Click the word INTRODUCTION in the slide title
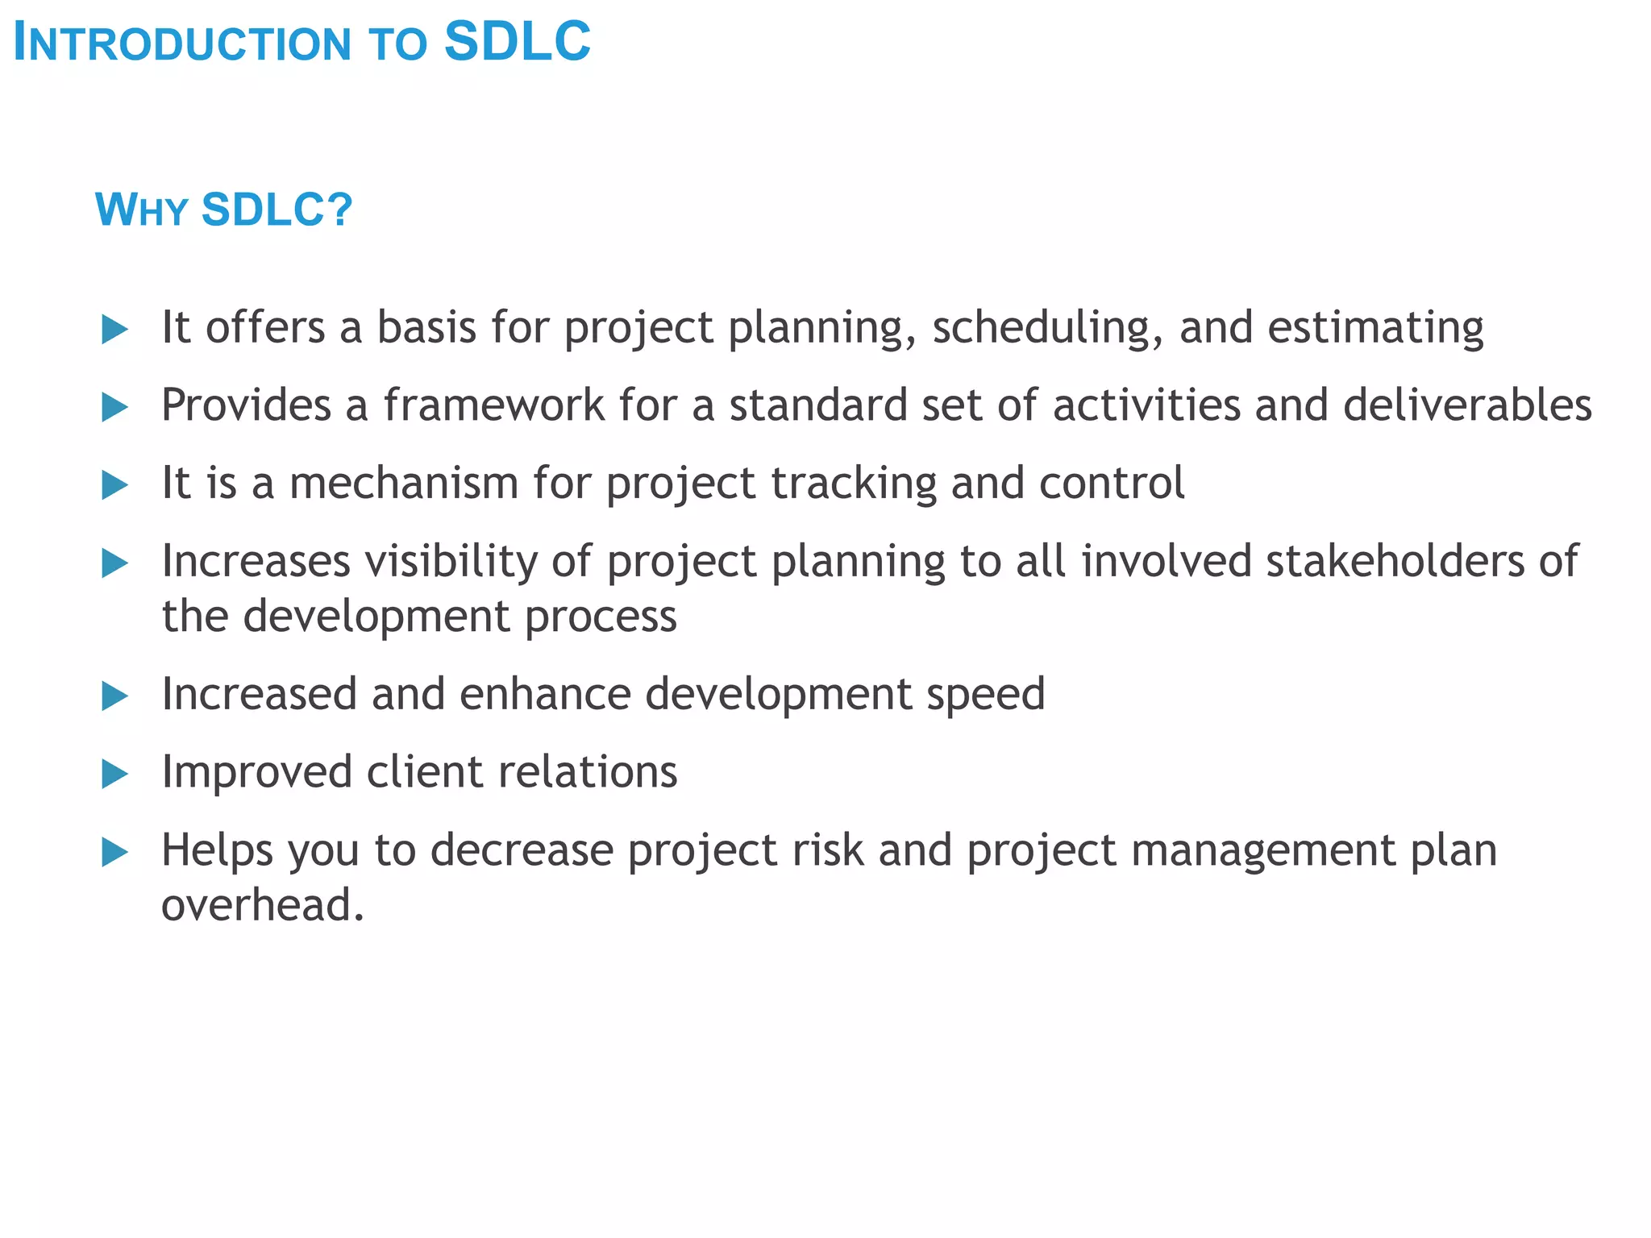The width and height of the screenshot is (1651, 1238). tap(183, 44)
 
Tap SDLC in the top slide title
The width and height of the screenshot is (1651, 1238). tap(518, 42)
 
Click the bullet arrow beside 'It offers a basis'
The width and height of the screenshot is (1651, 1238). tap(115, 330)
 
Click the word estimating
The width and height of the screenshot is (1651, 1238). tap(1375, 328)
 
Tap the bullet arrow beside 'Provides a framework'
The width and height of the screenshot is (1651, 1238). tap(115, 407)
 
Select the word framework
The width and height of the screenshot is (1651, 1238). tap(493, 405)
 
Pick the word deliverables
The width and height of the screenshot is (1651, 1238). tap(1467, 405)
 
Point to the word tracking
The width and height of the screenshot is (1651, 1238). tap(854, 483)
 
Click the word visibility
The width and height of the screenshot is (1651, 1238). tap(451, 561)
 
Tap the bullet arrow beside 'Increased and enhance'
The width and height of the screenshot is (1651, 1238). tap(115, 696)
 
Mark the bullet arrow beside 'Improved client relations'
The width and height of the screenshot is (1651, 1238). tap(115, 775)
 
